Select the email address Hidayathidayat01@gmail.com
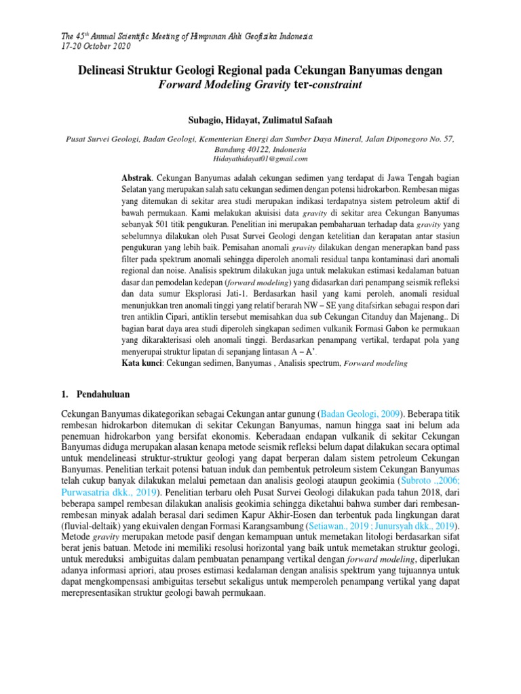click(x=260, y=158)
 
